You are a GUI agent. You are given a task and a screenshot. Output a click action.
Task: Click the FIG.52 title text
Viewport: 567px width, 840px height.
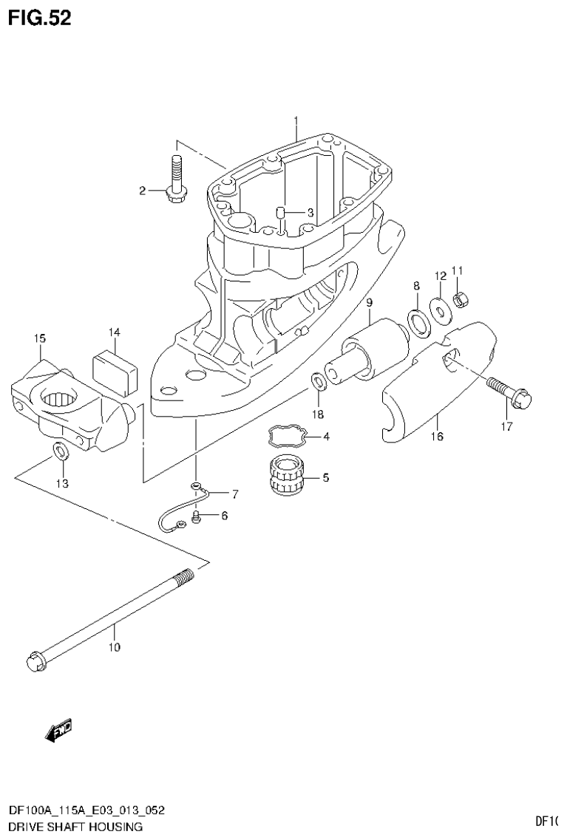coord(40,18)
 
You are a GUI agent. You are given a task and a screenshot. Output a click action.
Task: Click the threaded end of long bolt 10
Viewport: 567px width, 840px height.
coord(183,576)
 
